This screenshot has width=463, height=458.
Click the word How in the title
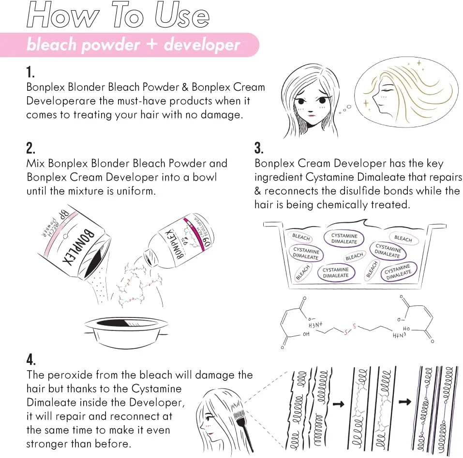click(63, 15)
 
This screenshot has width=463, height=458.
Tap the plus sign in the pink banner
click(152, 44)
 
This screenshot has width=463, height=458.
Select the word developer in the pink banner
click(202, 45)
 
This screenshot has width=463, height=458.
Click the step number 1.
click(30, 72)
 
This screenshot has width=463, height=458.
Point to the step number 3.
click(259, 148)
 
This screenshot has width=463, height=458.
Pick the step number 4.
click(31, 359)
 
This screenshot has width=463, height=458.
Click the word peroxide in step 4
click(70, 375)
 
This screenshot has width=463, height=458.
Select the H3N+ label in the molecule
click(315, 325)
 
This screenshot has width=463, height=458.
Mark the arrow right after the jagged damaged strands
click(339, 404)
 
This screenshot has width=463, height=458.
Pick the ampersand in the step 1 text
click(185, 87)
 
